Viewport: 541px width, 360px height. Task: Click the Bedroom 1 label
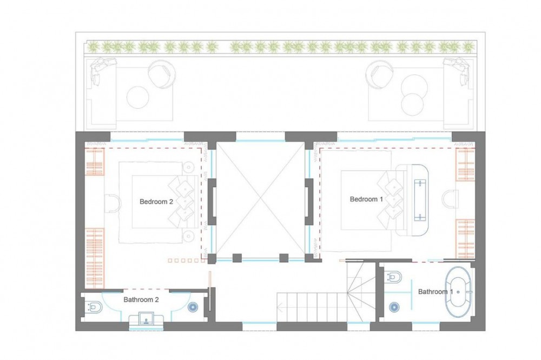[366, 199]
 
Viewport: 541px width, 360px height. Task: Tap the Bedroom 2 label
[156, 202]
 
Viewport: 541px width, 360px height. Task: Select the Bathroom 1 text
[436, 292]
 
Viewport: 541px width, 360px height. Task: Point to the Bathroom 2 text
[141, 299]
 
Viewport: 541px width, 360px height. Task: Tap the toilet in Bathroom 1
[394, 277]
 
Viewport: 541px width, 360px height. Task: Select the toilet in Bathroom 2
[94, 306]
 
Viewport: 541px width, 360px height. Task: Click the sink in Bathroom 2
[146, 319]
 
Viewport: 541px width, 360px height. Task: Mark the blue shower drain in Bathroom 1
[394, 306]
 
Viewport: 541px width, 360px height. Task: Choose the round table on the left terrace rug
[137, 97]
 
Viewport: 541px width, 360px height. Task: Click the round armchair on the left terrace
[161, 74]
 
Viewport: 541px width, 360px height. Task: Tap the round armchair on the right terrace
[379, 74]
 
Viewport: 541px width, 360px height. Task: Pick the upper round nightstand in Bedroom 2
[189, 168]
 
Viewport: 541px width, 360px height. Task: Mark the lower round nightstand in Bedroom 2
[189, 236]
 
